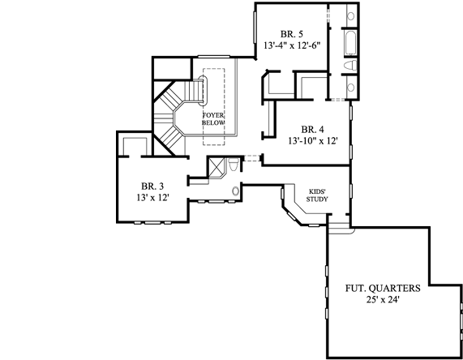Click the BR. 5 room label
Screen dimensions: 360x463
[292, 33]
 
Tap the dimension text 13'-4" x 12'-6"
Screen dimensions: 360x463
[292, 46]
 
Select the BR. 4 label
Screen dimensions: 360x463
[313, 129]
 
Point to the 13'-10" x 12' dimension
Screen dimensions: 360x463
[312, 141]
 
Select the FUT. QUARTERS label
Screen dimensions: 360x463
[381, 288]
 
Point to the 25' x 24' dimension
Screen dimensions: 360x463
[381, 301]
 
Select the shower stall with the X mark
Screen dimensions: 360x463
[216, 168]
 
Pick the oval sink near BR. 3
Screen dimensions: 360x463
[236, 191]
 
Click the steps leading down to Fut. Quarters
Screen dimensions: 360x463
[341, 230]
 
